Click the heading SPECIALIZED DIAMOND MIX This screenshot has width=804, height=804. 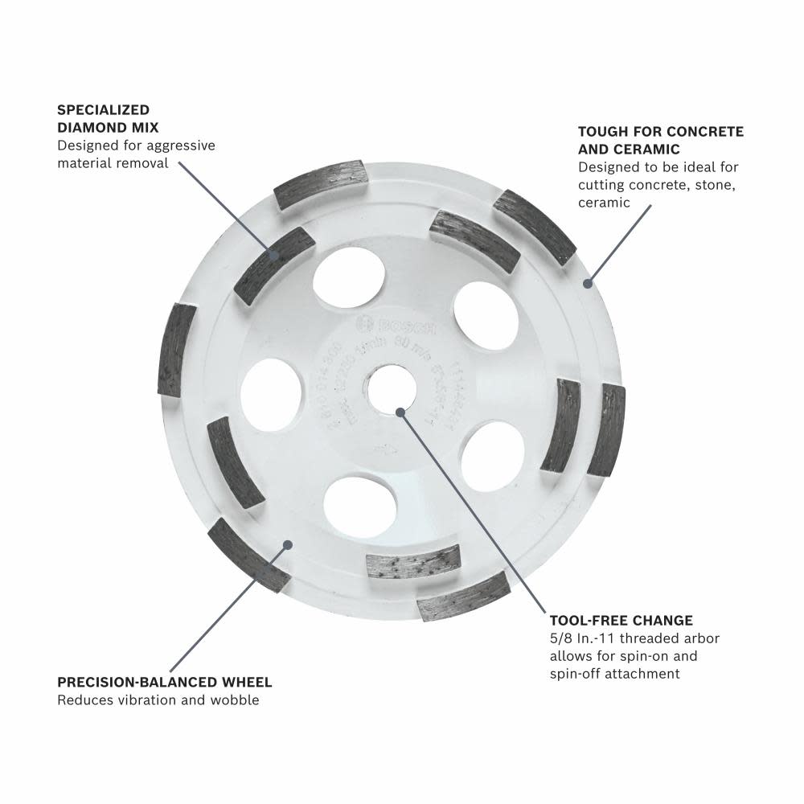(108, 117)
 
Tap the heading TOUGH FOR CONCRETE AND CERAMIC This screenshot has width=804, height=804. (661, 140)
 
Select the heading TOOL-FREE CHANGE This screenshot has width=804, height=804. (621, 621)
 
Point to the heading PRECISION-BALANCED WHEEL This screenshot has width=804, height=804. (165, 683)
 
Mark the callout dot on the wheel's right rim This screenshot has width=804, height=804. (588, 282)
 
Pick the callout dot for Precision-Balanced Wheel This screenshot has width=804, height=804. (287, 545)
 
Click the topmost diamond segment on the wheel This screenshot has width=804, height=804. (321, 184)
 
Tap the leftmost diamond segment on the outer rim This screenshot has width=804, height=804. (177, 349)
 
